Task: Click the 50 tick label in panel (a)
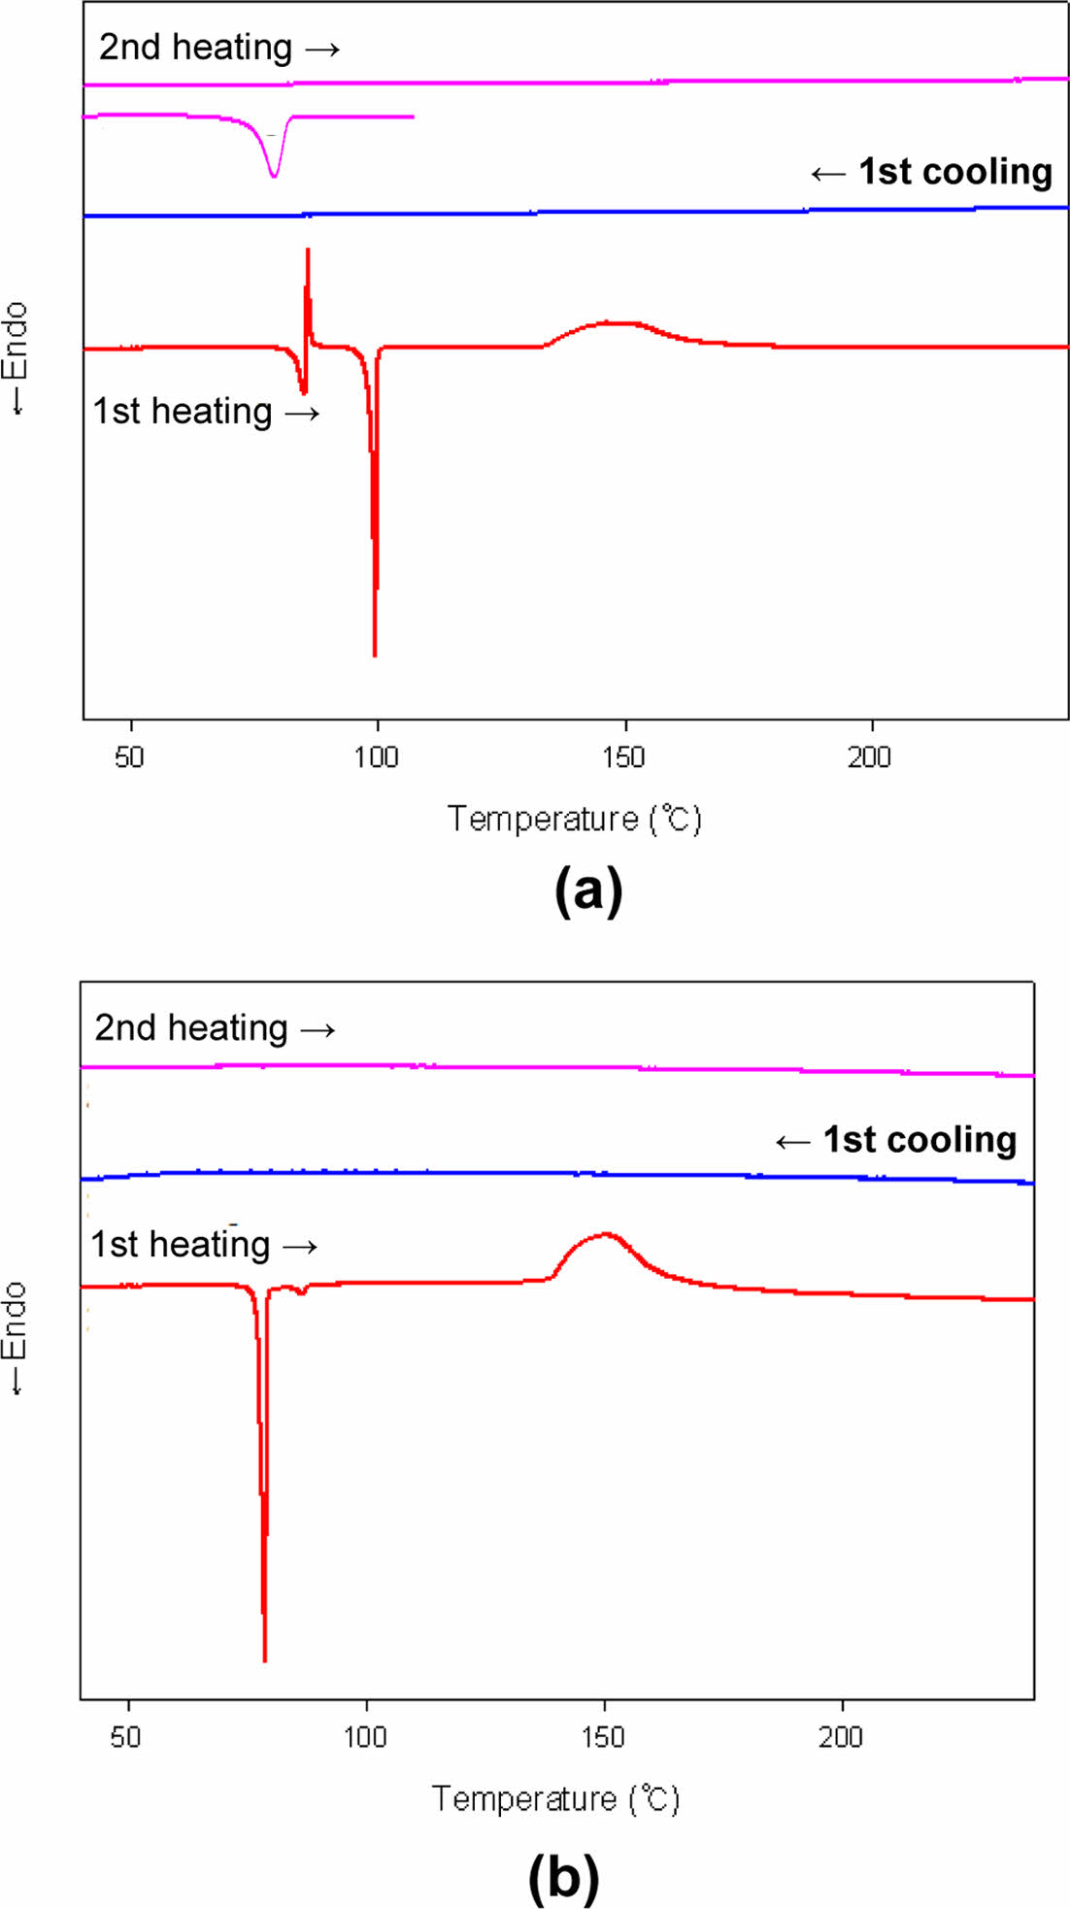coord(129,757)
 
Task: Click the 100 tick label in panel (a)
coord(376,757)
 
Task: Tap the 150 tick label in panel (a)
coord(622,757)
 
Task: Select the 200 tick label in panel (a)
coord(869,757)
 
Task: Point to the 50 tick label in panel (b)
coord(126,1737)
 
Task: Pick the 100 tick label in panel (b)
coord(365,1737)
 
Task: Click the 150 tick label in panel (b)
coord(603,1737)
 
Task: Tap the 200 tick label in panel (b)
coord(841,1737)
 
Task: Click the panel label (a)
coord(588,889)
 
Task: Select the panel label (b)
coord(563,1876)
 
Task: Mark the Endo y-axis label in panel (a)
coord(17,358)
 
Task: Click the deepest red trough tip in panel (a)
coord(375,654)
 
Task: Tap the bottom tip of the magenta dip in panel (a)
coord(274,177)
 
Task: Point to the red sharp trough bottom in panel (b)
coord(264,1659)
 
